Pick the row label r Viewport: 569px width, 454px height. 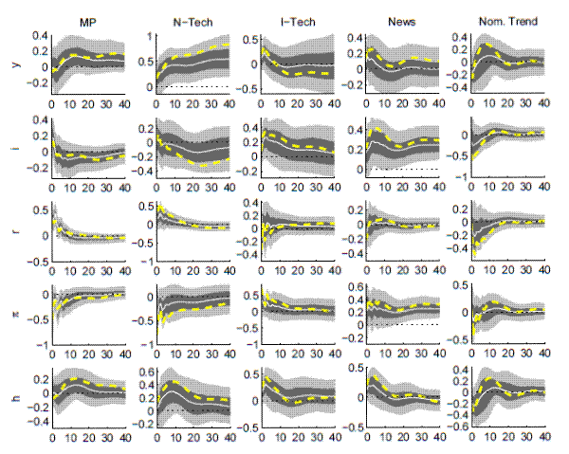18,228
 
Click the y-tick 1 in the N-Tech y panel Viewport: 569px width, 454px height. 148,38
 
